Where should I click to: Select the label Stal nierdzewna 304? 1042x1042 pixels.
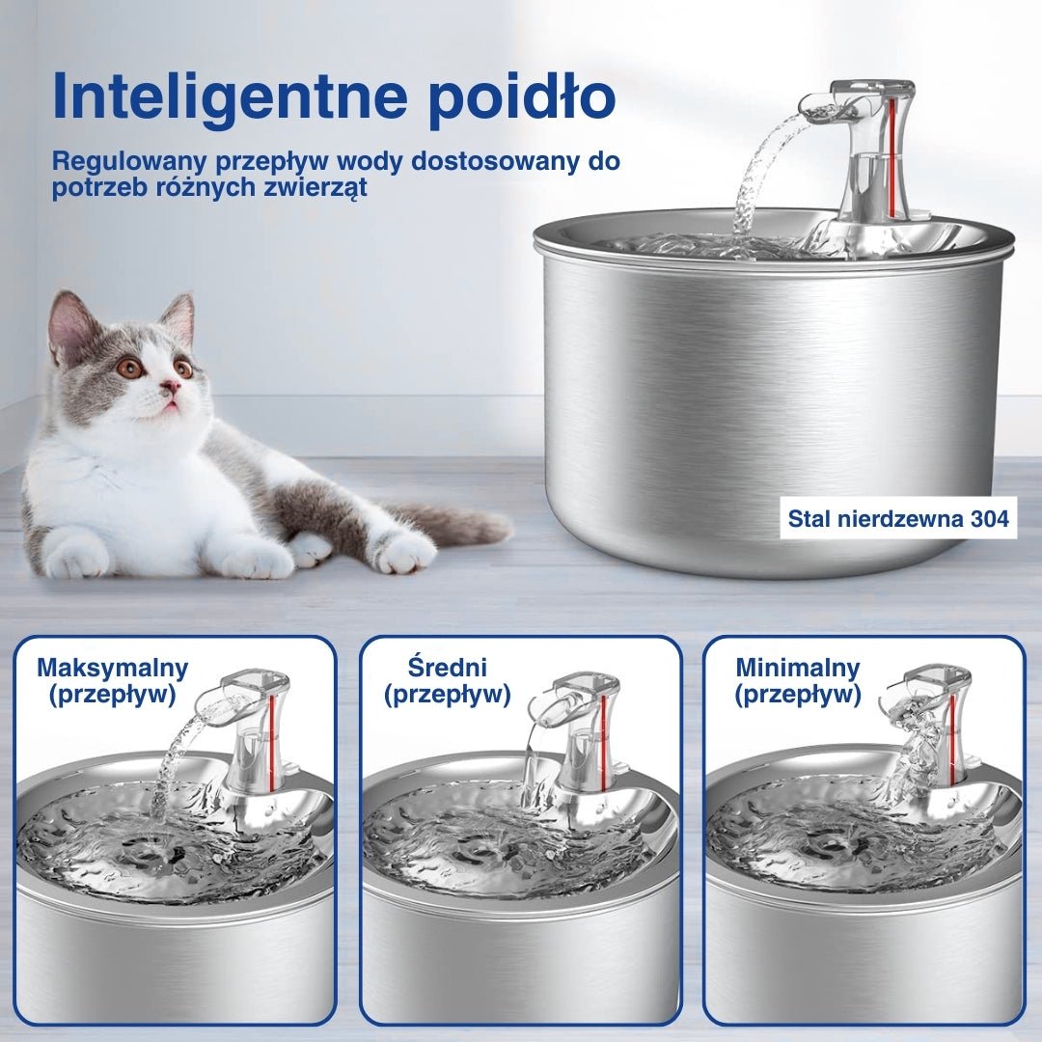(898, 518)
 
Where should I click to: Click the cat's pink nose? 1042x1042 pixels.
(171, 385)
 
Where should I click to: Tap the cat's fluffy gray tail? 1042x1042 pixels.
(452, 525)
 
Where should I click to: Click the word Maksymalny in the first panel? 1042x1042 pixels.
(113, 668)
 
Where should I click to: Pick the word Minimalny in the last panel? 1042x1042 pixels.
(798, 667)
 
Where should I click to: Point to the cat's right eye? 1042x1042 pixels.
(131, 367)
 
